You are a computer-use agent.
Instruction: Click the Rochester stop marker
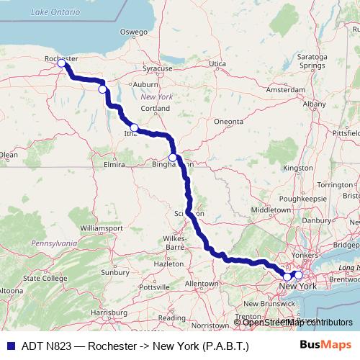62,63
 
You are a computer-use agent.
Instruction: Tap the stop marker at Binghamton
173,158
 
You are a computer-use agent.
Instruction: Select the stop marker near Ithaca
134,127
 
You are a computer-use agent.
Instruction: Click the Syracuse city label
158,68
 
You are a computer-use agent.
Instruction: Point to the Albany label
314,104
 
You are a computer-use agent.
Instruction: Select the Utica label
217,64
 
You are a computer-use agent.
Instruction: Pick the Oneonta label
229,122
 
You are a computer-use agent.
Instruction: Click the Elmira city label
115,165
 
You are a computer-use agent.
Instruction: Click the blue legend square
11,345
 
